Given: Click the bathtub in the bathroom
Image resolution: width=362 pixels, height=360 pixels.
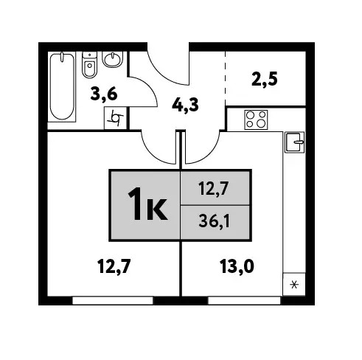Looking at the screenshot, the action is [62, 86].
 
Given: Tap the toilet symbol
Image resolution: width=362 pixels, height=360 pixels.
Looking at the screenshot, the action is [89, 65].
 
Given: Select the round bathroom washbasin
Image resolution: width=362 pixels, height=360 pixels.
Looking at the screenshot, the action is [113, 60].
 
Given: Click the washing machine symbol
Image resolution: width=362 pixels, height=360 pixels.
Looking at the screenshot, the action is [115, 118].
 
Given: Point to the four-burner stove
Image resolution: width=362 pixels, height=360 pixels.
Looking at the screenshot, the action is [256, 120].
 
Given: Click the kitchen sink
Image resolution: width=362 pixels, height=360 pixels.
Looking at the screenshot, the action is [295, 142].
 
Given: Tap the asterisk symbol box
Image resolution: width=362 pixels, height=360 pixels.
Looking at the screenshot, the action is [294, 285].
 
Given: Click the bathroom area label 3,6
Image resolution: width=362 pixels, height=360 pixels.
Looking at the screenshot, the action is [104, 94].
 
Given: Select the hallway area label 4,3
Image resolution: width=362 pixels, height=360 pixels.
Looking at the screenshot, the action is [185, 105].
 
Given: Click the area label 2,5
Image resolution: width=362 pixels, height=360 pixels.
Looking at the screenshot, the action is [265, 79].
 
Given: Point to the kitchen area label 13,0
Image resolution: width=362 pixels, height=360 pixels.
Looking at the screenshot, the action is [237, 267].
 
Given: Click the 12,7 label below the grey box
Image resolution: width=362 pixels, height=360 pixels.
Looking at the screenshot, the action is [114, 267].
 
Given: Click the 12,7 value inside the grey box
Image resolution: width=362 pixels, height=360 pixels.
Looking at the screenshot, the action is [214, 189].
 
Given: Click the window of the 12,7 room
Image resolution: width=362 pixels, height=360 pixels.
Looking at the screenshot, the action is [113, 301].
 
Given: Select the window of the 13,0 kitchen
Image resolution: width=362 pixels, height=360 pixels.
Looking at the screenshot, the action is [244, 301].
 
